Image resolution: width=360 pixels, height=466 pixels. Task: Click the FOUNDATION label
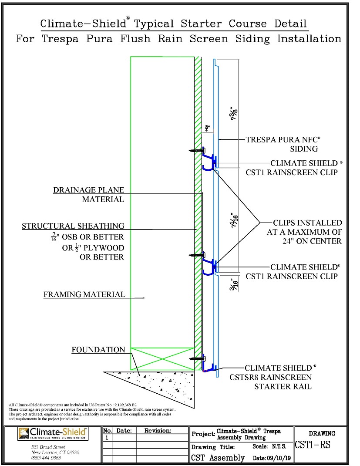coord(98,350)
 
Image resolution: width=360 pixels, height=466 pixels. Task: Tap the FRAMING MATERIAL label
coord(84,295)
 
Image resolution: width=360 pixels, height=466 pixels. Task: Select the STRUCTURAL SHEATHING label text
coord(73,226)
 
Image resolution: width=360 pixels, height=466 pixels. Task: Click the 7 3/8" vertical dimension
coord(234,114)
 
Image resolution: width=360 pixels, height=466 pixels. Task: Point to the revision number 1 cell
coord(107,438)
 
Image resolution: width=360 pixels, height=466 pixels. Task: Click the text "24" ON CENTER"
coord(304,241)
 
